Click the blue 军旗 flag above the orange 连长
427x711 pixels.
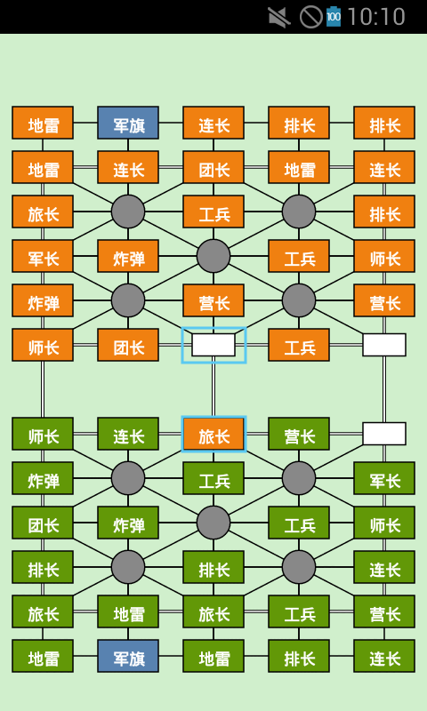(x=128, y=123)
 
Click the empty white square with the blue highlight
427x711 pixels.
(x=213, y=345)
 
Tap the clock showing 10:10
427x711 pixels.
(x=375, y=17)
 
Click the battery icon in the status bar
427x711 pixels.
(x=334, y=16)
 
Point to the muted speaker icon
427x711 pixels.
(x=278, y=17)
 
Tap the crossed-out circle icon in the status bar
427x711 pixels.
(x=310, y=17)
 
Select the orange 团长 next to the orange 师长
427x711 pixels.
(x=128, y=345)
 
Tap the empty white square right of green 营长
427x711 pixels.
(x=384, y=434)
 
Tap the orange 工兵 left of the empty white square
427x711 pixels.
(x=299, y=345)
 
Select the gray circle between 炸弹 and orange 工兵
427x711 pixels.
(x=213, y=256)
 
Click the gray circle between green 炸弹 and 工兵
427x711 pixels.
(x=213, y=523)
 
